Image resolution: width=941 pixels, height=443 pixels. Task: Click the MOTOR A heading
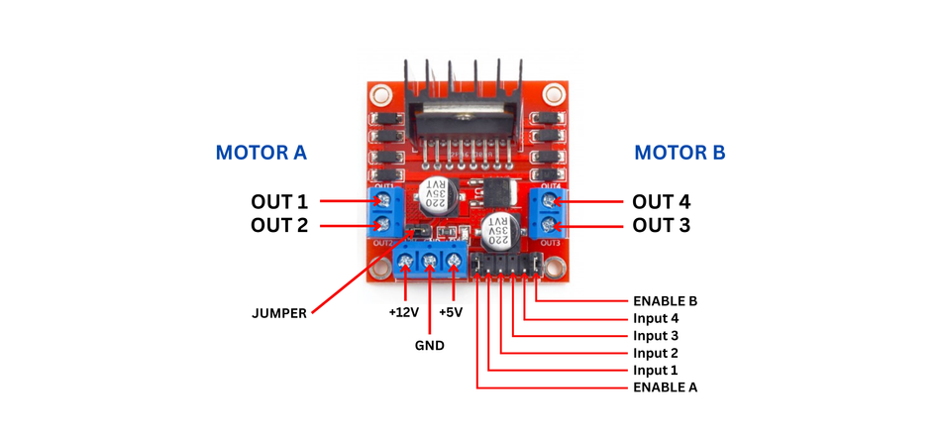coord(261,154)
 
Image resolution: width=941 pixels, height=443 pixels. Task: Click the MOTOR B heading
coord(680,154)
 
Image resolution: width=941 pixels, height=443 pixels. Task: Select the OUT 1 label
coord(279,202)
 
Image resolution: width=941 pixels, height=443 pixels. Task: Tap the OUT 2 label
coord(279,226)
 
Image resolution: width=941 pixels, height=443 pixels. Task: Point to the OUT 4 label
coord(662,202)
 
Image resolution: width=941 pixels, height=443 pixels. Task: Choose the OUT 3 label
coord(662,226)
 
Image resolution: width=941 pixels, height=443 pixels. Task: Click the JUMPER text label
coord(279,313)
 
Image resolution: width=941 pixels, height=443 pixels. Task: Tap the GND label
coord(429,346)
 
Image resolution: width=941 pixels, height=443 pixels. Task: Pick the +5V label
coord(452,312)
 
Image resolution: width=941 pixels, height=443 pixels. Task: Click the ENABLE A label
coord(665,387)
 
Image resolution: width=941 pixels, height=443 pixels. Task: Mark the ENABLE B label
coord(665,299)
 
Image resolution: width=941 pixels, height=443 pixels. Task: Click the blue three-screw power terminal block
coord(429,263)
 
